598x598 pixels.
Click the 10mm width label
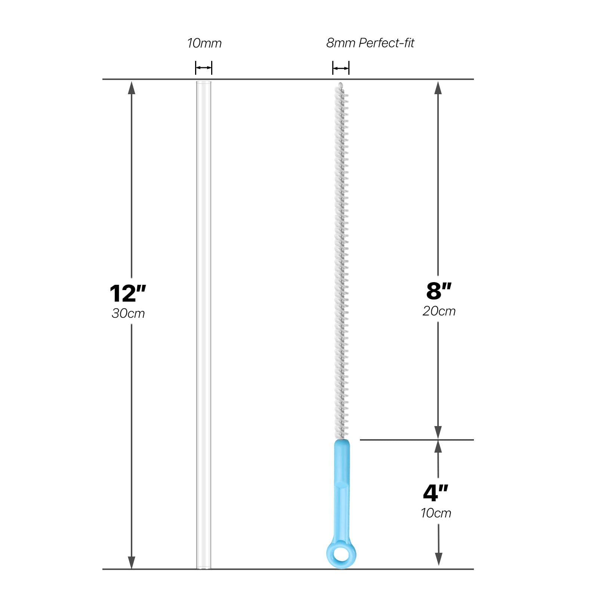pos(204,43)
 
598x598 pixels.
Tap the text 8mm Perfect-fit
pos(370,43)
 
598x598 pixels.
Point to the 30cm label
pos(128,313)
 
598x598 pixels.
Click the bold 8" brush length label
pos(439,291)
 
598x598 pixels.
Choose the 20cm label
pos(439,311)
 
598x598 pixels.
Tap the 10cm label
pos(436,513)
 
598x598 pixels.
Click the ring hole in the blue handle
pos(341,554)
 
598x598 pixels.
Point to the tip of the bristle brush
pos(340,84)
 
